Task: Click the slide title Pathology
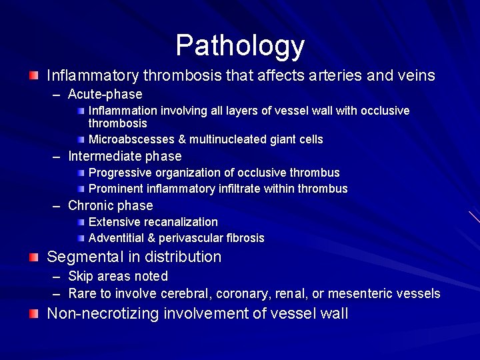coord(240,46)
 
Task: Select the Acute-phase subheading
coord(105,95)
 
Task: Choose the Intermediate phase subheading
coord(125,156)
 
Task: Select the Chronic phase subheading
coord(110,205)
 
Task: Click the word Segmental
coord(82,257)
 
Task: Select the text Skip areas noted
coord(117,276)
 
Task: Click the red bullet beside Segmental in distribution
coord(33,257)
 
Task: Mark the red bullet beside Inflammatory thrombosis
coord(33,76)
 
